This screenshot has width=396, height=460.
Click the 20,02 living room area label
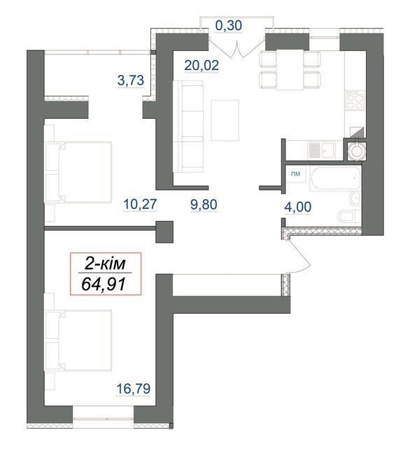pos(201,65)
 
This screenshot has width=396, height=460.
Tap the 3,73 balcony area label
pos(131,80)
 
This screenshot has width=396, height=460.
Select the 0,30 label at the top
pos(229,25)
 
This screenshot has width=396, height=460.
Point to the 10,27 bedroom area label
pos(141,204)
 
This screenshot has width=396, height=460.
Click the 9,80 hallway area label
pos(204,204)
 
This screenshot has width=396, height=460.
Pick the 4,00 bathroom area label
pos(297,207)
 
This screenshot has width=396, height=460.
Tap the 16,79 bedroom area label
pos(134,389)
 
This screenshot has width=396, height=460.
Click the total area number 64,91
pos(104,284)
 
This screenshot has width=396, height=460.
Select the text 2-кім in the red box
pos(105,264)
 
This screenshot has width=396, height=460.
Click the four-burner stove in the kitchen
pos(355,101)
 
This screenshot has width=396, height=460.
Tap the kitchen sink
pos(321,150)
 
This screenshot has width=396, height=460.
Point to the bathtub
pos(335,178)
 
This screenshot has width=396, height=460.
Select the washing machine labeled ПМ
pos(296,174)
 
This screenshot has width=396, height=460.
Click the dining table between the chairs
pos(290,69)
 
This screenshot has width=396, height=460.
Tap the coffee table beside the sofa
pos(225,120)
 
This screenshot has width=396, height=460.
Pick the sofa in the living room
pos(188,127)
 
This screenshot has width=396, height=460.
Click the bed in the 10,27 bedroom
pos(78,172)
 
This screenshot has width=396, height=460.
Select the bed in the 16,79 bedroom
pos(78,340)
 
